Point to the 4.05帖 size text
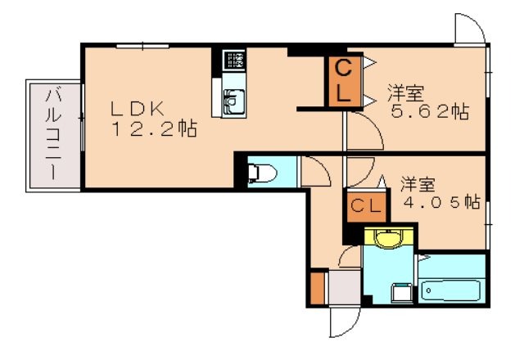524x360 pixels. [x=441, y=200]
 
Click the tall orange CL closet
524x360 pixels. [x=343, y=81]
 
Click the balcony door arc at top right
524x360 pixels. [x=469, y=31]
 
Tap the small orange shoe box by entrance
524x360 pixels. [x=318, y=287]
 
